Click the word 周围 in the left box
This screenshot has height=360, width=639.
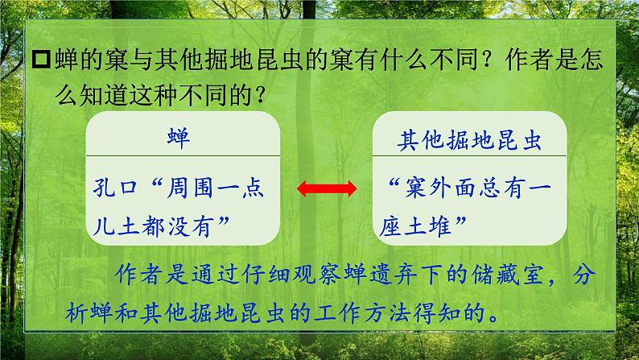[x=192, y=189]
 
